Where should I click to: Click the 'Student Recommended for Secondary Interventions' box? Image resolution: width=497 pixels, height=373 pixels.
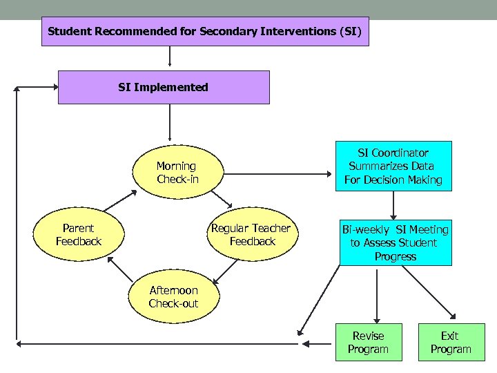(x=205, y=32)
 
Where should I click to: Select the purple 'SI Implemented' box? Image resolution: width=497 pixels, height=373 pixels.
(x=164, y=87)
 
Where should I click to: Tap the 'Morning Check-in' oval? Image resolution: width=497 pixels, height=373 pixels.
(x=176, y=173)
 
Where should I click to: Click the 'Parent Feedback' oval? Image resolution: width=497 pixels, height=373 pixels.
(x=78, y=235)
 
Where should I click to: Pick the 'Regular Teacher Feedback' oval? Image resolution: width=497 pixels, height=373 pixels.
(x=252, y=235)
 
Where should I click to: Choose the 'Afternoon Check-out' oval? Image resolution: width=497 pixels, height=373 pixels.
(x=173, y=297)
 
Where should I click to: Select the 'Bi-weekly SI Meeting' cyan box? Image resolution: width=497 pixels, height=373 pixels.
(x=396, y=242)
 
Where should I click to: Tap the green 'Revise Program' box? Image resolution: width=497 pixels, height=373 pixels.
(x=368, y=343)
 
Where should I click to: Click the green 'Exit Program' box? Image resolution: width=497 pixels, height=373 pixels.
(x=450, y=343)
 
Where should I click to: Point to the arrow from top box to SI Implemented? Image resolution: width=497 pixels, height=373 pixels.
(x=170, y=58)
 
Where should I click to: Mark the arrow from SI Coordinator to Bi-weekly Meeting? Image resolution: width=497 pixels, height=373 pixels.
(x=393, y=204)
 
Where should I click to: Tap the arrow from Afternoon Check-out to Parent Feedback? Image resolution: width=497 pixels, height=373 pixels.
(x=119, y=271)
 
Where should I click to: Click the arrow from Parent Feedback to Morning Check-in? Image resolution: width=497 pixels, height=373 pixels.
(x=117, y=201)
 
